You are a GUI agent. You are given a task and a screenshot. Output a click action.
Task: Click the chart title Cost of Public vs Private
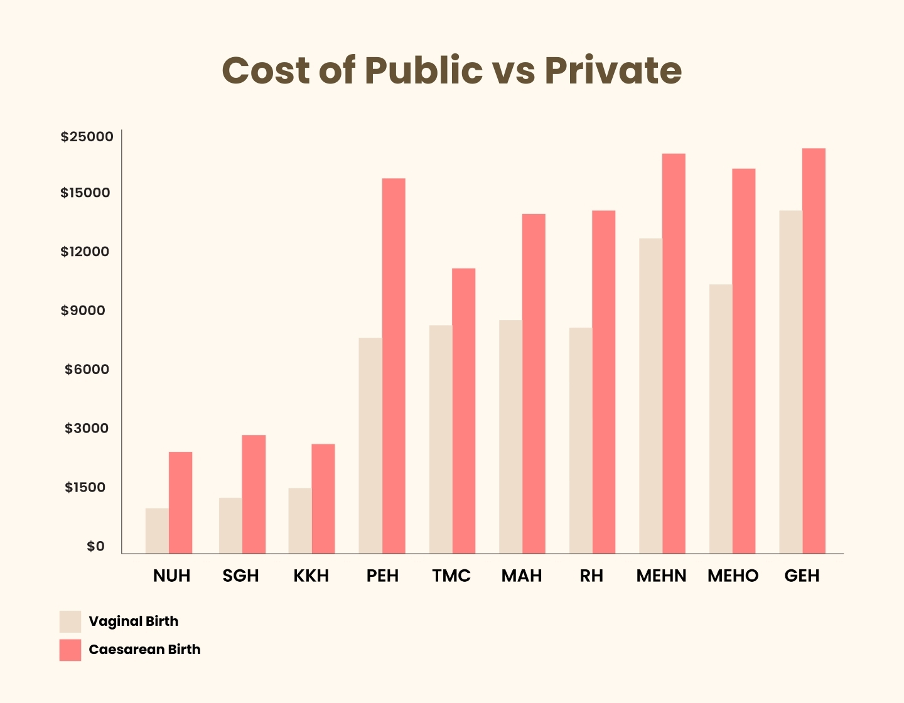coord(451,70)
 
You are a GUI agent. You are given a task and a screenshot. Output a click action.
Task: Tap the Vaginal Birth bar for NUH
coord(157,531)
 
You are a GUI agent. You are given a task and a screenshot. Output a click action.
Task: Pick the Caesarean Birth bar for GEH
coord(814,351)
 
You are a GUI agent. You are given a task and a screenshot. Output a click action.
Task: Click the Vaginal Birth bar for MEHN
coord(650,396)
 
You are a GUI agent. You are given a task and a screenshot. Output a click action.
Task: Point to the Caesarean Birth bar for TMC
coord(464,411)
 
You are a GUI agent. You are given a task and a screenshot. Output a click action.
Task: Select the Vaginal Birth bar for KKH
coord(300,521)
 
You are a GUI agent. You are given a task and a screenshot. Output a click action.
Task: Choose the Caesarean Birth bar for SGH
coord(254,495)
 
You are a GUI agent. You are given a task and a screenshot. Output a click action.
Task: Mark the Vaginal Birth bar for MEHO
coord(721,419)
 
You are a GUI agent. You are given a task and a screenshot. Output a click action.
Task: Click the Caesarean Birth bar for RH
coord(604,382)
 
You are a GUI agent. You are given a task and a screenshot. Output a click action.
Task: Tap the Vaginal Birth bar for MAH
coord(510,437)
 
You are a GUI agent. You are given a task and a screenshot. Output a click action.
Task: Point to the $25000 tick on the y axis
coord(87,137)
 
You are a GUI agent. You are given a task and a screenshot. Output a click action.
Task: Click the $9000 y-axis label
coord(83,311)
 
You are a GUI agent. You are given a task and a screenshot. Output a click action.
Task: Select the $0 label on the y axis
coord(95,547)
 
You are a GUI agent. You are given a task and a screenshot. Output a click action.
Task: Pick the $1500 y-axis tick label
coord(85,488)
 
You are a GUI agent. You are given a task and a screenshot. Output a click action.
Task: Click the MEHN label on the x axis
coord(661,576)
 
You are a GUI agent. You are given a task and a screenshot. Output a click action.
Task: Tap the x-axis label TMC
coord(451,576)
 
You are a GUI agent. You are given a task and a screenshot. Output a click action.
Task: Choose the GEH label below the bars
coord(802,576)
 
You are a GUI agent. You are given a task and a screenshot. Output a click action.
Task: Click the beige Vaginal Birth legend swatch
coord(70,621)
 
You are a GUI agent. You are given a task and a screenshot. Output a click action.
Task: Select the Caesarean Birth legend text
coord(144,650)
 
